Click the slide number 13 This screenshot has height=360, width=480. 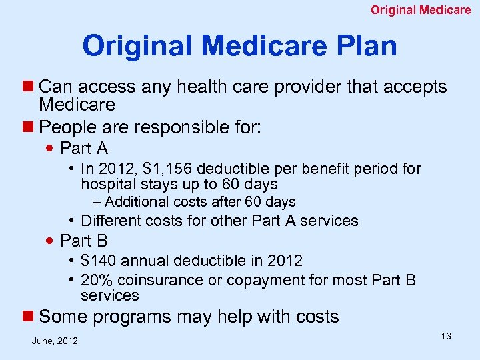tap(445, 336)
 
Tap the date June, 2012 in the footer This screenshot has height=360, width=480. tap(55, 341)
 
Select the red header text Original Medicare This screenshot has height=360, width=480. tap(421, 10)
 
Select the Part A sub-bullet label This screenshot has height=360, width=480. tap(84, 148)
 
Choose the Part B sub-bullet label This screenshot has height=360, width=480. tap(84, 241)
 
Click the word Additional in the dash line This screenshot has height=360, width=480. tap(138, 202)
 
